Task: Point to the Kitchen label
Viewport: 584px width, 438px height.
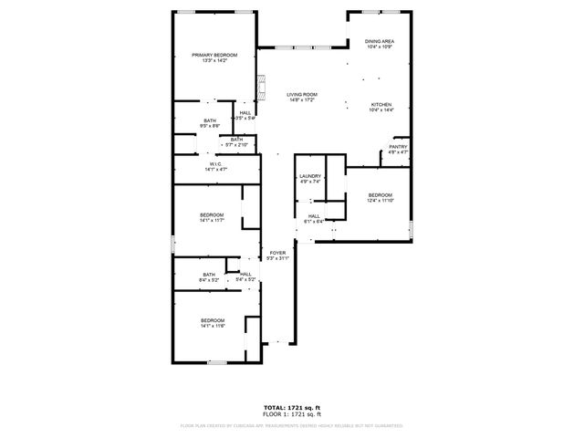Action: coord(381,107)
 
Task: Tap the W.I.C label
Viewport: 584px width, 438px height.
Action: coord(216,166)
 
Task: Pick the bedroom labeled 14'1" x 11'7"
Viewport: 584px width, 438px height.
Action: coord(212,217)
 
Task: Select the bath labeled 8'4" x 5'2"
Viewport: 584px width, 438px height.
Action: coord(209,276)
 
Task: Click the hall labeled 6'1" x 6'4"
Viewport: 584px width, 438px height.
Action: coord(313,218)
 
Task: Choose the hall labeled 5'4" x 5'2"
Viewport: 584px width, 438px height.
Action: coord(245,276)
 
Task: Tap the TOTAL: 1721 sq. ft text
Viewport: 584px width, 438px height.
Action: coord(292,408)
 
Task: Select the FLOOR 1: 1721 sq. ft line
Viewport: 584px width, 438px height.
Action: coord(292,414)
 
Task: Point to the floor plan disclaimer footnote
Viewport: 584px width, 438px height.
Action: coord(292,425)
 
